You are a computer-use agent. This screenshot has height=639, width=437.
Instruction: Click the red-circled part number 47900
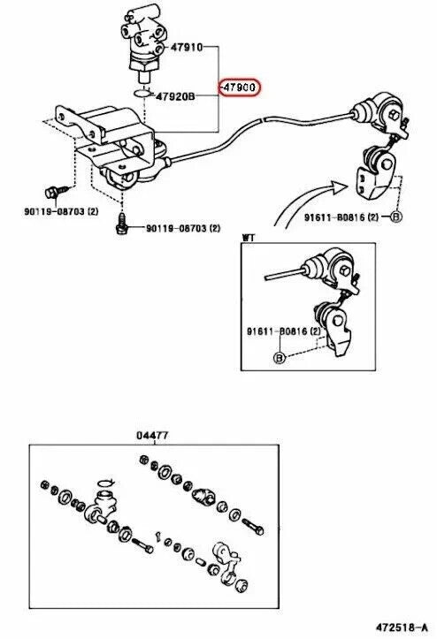point(239,87)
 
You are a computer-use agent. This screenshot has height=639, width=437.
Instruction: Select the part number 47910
point(187,47)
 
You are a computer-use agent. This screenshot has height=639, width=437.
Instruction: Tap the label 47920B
point(175,96)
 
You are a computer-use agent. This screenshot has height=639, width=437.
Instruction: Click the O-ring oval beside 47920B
point(142,94)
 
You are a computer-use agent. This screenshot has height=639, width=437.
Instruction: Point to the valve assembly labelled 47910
point(142,46)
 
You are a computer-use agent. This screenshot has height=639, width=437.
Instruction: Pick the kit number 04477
point(152,435)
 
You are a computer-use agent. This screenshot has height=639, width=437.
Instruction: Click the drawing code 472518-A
point(402,627)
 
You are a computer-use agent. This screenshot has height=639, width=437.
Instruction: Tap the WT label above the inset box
point(248,238)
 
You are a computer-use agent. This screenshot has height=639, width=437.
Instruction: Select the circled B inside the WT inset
point(279,358)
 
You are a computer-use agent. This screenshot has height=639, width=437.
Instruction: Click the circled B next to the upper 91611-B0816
point(395,217)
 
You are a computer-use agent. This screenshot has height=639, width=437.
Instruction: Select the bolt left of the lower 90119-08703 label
point(121,224)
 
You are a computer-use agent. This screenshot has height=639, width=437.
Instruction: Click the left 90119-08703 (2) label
point(61,211)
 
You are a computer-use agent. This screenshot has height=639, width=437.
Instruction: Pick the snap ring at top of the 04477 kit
point(106,483)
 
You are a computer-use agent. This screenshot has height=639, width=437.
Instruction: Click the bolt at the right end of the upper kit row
point(253,527)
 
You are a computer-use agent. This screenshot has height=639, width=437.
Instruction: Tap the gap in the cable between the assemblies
point(264,120)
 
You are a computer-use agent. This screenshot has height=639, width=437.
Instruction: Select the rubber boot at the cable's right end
point(363,112)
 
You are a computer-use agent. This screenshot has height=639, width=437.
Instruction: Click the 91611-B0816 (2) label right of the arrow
point(341,217)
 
